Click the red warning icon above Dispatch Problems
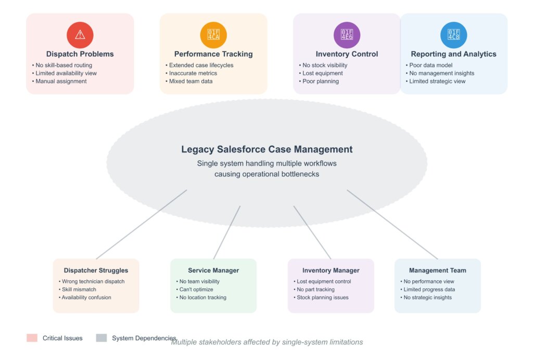point(80,35)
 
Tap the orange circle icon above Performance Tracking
point(213,35)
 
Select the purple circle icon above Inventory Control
point(347,35)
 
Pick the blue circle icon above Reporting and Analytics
point(453,35)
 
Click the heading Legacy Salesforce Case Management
point(266,149)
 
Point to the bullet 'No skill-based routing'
point(64,65)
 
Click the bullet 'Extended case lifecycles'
point(201,65)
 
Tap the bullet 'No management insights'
point(442,73)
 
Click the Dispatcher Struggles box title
point(96,271)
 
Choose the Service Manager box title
point(213,271)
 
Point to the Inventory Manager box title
point(331,271)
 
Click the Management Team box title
point(437,271)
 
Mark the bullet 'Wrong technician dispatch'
point(93,281)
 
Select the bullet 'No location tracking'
point(202,298)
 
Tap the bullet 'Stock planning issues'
point(322,298)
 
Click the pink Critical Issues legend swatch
point(32,338)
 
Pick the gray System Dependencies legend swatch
point(101,338)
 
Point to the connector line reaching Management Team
point(392,224)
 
